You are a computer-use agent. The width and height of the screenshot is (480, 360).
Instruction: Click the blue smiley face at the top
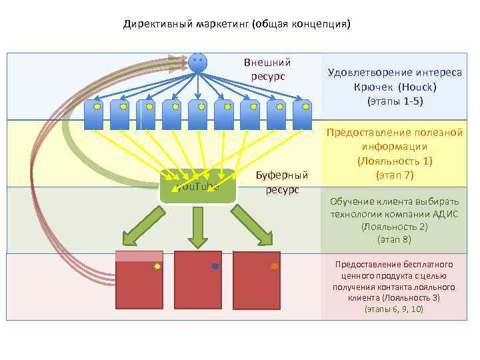[x=197, y=62]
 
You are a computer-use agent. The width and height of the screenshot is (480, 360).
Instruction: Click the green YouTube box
[x=199, y=186]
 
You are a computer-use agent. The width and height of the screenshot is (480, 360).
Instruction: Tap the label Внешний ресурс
[x=267, y=69]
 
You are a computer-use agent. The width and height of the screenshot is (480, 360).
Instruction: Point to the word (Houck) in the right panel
[x=417, y=87]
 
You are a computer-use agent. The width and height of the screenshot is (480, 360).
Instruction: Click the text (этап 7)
[x=394, y=175]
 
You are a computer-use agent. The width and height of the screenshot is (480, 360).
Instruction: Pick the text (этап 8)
[x=394, y=238]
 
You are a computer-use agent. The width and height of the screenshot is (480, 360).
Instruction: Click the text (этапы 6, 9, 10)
[x=393, y=309]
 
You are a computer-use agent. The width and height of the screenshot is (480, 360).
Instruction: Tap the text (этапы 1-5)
[x=395, y=101]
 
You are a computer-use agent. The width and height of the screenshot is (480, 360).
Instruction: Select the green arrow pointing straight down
[x=197, y=227]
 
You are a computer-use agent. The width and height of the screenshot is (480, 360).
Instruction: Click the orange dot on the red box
[x=274, y=266]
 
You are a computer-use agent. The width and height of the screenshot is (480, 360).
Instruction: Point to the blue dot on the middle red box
[x=215, y=266]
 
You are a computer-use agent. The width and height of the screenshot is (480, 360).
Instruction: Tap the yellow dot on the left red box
[x=157, y=266]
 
